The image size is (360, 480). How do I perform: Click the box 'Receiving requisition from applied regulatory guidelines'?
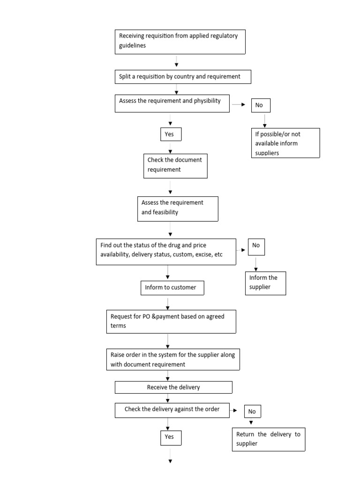[x=180, y=41]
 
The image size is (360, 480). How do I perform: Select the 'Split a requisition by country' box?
[x=183, y=76]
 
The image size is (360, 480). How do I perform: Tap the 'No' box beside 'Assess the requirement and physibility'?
[x=261, y=105]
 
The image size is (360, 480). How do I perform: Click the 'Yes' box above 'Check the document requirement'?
[x=170, y=134]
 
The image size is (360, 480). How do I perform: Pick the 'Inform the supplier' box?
[x=265, y=283]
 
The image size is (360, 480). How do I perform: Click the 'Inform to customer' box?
[x=172, y=288]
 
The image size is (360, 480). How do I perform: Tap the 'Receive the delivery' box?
[x=173, y=387]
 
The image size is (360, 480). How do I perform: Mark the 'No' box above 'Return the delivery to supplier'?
[x=252, y=412]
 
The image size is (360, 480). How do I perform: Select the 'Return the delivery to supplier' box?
[x=268, y=439]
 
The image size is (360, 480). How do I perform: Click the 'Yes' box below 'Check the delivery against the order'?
[x=170, y=437]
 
